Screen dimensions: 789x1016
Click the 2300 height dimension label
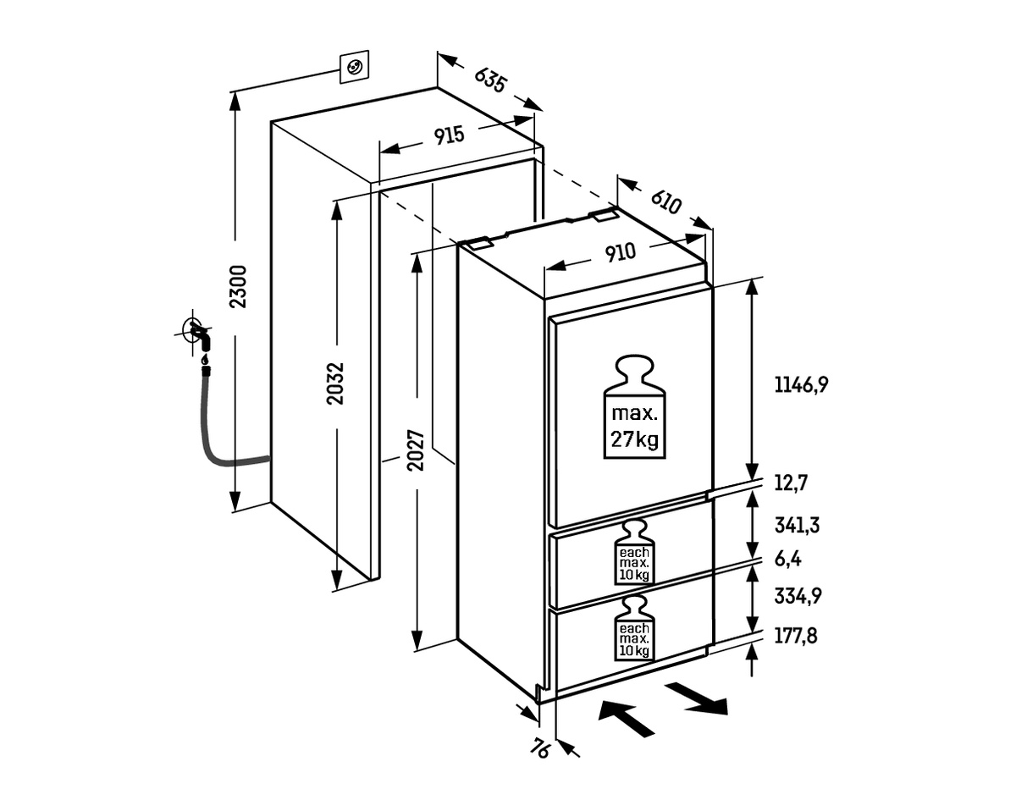click(x=239, y=286)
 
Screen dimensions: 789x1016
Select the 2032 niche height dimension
click(x=336, y=383)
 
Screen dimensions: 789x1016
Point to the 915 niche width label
click(x=449, y=136)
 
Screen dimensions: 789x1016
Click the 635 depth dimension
click(x=490, y=80)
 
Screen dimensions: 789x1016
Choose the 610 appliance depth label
click(x=666, y=201)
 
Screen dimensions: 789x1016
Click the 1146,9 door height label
click(x=800, y=385)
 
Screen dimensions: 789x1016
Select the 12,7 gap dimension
click(x=791, y=483)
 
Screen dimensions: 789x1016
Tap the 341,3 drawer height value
click(x=797, y=525)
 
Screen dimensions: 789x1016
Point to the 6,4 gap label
click(x=787, y=559)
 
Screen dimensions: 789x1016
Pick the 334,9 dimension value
click(x=798, y=595)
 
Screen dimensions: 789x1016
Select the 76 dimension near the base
click(x=543, y=748)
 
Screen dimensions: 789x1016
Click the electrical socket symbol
click(x=353, y=66)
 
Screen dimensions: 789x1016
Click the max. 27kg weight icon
click(x=634, y=406)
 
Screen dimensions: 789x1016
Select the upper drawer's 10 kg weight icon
click(x=634, y=551)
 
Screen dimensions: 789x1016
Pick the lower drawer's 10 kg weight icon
click(x=634, y=627)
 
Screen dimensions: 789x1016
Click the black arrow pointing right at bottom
click(x=696, y=697)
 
